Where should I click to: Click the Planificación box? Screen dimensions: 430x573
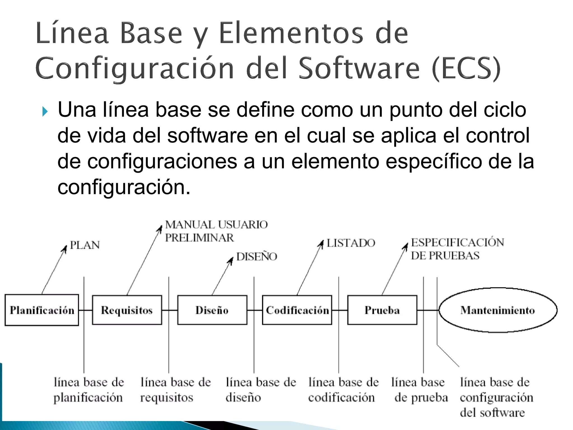[x=42, y=310]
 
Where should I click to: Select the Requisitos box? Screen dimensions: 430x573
[x=127, y=310]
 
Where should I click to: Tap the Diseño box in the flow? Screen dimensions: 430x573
[x=212, y=310]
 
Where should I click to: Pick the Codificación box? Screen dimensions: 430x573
[x=297, y=310]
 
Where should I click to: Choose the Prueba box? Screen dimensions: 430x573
[x=382, y=310]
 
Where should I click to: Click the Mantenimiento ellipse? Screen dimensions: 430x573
[x=498, y=310]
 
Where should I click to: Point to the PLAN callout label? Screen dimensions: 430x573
[x=85, y=245]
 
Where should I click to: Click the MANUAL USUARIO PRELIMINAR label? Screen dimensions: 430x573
[x=216, y=231]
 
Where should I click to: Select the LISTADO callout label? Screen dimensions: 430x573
[x=351, y=243]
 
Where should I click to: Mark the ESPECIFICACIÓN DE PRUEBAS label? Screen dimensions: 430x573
[x=457, y=249]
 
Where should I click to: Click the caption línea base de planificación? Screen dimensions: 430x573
[x=89, y=390]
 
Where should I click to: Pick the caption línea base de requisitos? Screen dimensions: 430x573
[x=175, y=390]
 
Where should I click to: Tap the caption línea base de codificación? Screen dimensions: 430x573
[x=344, y=390]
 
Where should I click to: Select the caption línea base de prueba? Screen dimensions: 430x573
[x=419, y=390]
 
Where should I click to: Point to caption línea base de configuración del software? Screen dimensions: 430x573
[x=496, y=397]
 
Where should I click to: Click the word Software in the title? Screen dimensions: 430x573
[x=359, y=68]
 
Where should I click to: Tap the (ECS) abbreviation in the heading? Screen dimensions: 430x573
[x=466, y=68]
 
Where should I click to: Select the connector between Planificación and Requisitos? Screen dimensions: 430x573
[x=85, y=310]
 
